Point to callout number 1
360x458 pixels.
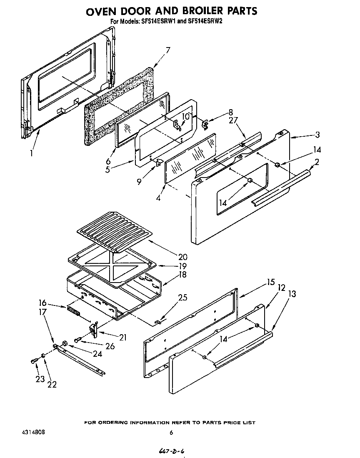(32, 153)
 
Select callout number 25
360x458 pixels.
(182, 298)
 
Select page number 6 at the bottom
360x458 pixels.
(171, 433)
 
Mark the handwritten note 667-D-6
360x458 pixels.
(171, 451)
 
